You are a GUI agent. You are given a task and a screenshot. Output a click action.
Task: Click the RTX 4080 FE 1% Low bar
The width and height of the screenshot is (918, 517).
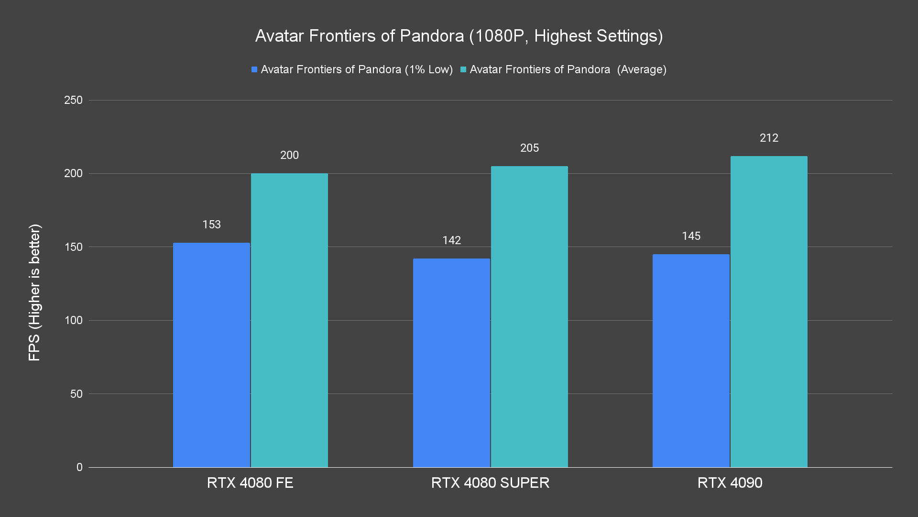211,355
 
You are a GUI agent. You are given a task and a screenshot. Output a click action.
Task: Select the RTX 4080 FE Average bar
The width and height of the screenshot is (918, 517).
289,320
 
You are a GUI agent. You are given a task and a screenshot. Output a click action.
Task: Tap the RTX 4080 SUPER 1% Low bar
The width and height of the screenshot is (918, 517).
451,363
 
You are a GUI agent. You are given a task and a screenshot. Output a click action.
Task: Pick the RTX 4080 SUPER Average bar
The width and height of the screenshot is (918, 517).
529,316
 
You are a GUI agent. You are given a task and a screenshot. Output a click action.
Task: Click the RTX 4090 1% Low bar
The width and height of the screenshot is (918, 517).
691,360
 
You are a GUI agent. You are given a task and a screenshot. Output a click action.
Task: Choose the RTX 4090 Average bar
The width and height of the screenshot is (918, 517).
769,312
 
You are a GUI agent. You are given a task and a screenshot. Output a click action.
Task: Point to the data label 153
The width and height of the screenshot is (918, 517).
211,225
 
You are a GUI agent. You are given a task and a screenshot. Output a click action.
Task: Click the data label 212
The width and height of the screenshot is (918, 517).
769,138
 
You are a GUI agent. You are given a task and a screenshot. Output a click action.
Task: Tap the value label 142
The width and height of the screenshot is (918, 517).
451,240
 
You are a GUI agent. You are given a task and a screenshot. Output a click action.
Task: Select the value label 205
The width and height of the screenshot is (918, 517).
529,148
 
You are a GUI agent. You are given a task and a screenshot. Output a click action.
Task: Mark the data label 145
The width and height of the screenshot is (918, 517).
691,236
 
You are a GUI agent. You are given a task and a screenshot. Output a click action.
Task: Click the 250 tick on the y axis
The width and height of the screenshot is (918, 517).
73,100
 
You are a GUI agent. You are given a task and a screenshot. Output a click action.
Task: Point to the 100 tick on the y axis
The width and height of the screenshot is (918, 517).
73,320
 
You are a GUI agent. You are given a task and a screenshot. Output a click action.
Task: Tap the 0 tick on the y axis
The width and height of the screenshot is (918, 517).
79,467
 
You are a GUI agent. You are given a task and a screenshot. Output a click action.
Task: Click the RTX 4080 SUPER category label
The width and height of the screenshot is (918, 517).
490,483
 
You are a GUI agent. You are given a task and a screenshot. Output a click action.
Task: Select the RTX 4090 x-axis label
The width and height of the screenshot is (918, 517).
730,483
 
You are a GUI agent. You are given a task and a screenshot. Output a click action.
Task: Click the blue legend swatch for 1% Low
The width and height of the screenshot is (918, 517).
254,70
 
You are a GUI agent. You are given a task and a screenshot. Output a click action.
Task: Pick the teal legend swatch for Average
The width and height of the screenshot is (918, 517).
463,70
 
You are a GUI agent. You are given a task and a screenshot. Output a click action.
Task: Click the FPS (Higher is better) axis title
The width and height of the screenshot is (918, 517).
34,292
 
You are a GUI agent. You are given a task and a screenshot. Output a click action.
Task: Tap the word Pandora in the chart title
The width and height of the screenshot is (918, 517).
432,36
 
